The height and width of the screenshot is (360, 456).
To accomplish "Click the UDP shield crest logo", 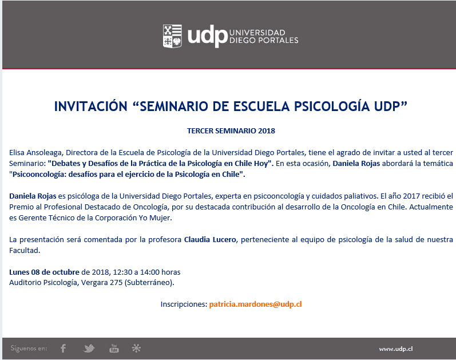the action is pyautogui.click(x=172, y=36).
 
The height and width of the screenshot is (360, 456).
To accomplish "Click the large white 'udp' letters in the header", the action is pyautogui.click(x=207, y=37).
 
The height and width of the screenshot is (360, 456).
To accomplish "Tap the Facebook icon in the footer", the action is pyautogui.click(x=63, y=348).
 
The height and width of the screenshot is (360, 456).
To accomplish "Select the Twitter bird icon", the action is pyautogui.click(x=89, y=348).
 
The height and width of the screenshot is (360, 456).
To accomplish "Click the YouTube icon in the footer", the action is pyautogui.click(x=114, y=348).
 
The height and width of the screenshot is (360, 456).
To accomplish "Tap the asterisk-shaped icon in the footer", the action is pyautogui.click(x=136, y=348).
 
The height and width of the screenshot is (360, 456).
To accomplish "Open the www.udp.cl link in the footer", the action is pyautogui.click(x=396, y=349).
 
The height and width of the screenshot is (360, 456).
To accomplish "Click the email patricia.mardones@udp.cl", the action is pyautogui.click(x=255, y=304).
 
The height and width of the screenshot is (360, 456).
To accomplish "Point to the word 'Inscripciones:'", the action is pyautogui.click(x=184, y=304).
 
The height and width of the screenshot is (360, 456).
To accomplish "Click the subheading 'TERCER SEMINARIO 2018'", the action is pyautogui.click(x=231, y=130).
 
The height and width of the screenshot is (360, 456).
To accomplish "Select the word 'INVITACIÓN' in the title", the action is pyautogui.click(x=91, y=106).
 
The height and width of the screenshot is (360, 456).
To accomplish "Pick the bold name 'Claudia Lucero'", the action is pyautogui.click(x=210, y=239).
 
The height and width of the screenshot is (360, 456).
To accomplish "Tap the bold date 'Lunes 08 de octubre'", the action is pyautogui.click(x=44, y=272).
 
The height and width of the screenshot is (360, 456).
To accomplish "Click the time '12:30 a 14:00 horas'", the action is pyautogui.click(x=146, y=272).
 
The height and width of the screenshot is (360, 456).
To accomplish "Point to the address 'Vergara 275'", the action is pyautogui.click(x=102, y=283).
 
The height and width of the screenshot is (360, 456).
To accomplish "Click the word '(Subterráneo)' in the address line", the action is pyautogui.click(x=149, y=283).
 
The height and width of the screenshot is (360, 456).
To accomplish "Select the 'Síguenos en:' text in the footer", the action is pyautogui.click(x=29, y=348).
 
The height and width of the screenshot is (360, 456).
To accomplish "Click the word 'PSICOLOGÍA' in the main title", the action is pyautogui.click(x=332, y=106).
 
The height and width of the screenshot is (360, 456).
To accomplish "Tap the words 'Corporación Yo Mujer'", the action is pyautogui.click(x=133, y=217).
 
